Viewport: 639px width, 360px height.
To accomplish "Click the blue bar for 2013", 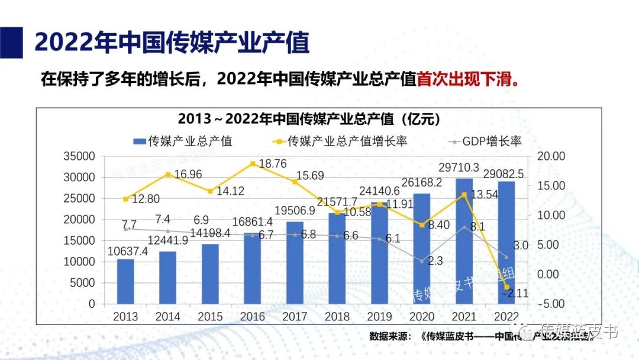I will pyautogui.click(x=125, y=281).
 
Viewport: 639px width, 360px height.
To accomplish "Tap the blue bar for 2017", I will pyautogui.click(x=295, y=262).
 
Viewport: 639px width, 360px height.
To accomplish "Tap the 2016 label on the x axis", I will pyautogui.click(x=253, y=317).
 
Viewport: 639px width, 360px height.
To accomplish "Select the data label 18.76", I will pyautogui.click(x=273, y=164).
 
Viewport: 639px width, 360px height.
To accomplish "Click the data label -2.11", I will pyautogui.click(x=515, y=292).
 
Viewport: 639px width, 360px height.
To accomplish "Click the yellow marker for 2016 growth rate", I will pyautogui.click(x=253, y=163).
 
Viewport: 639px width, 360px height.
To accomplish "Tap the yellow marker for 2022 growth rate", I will pyautogui.click(x=507, y=287).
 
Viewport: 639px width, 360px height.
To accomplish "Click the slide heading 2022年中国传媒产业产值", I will pyautogui.click(x=172, y=43).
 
